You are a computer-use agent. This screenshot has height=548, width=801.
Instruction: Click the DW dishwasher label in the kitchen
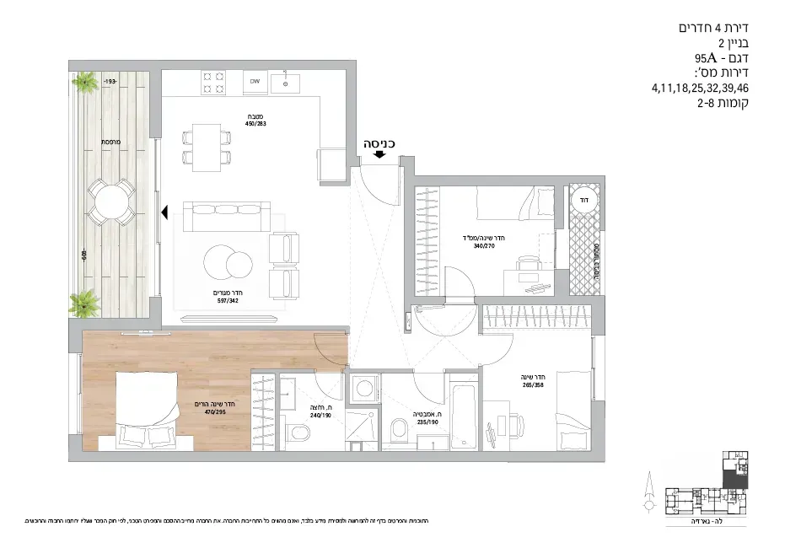[x=253, y=83]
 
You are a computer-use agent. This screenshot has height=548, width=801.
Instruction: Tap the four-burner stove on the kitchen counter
[x=212, y=83]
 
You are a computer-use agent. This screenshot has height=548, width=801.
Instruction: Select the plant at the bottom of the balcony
[x=84, y=302]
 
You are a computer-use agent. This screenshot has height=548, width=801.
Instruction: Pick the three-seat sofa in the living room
[x=224, y=218]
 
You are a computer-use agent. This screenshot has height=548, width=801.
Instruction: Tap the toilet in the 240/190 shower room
[x=298, y=433]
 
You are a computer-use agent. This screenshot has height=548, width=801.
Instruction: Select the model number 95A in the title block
[x=705, y=58]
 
